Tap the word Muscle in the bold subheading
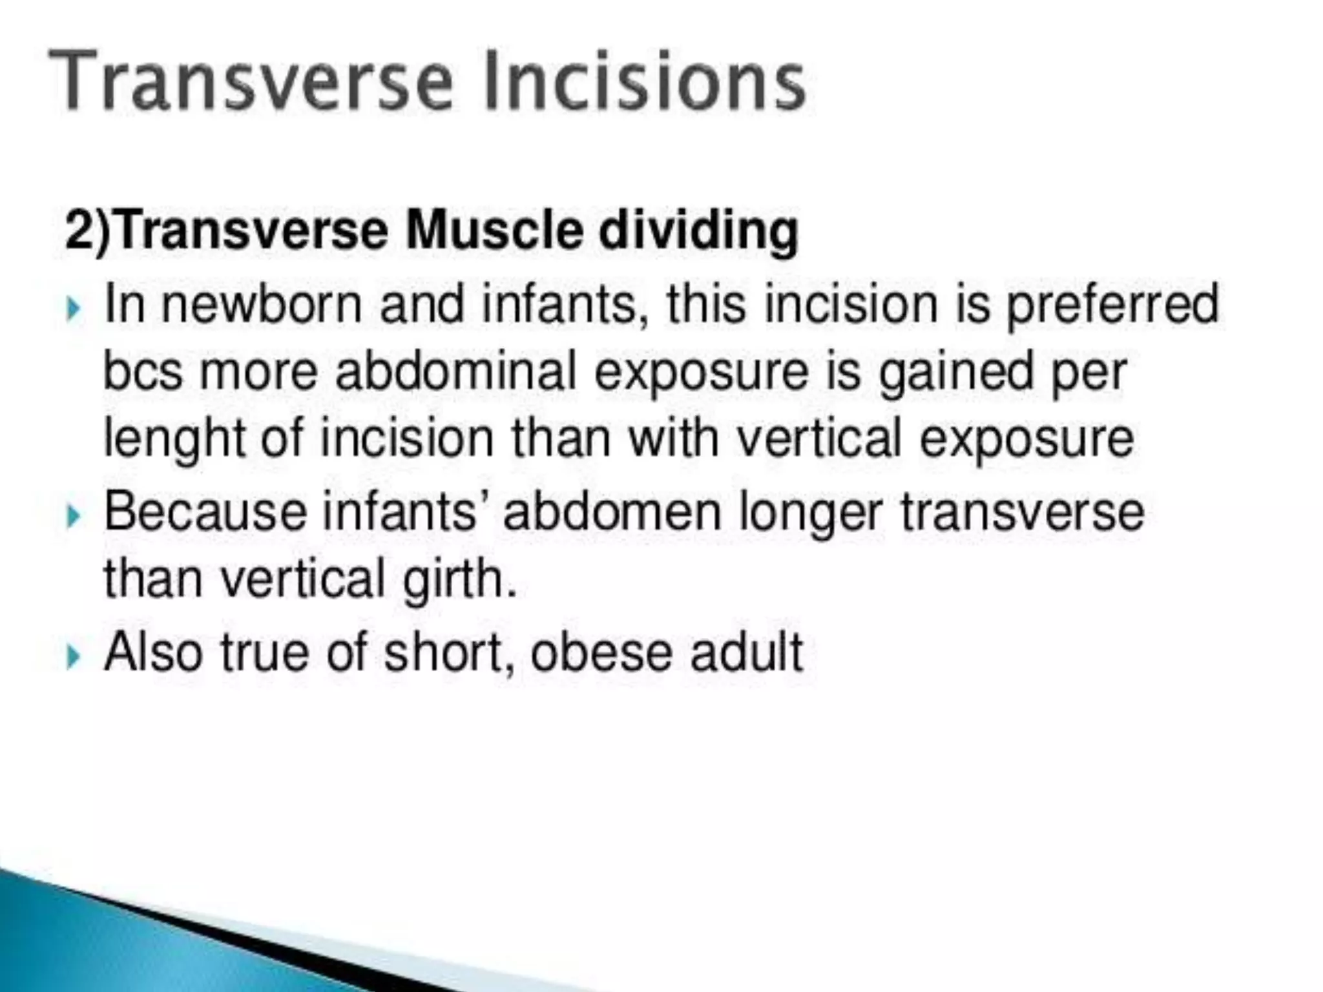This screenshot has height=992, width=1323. (494, 231)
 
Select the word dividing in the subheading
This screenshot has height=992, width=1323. (698, 231)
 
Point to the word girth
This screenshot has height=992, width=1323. (459, 579)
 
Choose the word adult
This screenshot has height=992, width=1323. (746, 652)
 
